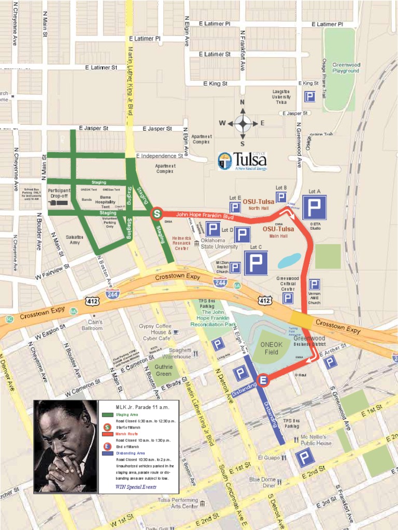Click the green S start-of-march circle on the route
click(x=157, y=213)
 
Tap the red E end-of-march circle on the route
click(x=263, y=381)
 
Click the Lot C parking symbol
click(x=255, y=263)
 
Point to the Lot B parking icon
click(x=281, y=197)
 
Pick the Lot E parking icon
click(x=235, y=207)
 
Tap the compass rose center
click(x=242, y=123)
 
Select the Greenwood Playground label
click(x=346, y=68)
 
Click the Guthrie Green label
click(x=163, y=370)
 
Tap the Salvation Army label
click(x=75, y=240)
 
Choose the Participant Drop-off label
click(x=59, y=194)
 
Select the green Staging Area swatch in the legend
click(x=108, y=415)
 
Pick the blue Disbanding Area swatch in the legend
click(x=108, y=453)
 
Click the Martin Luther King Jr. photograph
click(x=65, y=446)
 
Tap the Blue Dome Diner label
click(x=262, y=482)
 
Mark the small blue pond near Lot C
click(x=289, y=260)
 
